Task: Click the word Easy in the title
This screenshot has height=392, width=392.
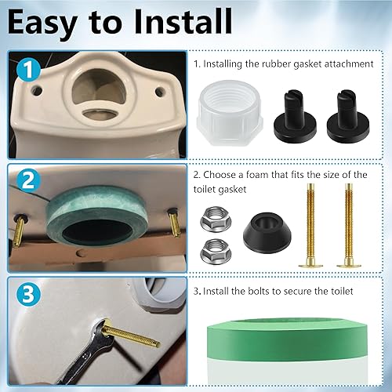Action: coord(54,24)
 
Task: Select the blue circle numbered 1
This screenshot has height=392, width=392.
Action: coord(28,73)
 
